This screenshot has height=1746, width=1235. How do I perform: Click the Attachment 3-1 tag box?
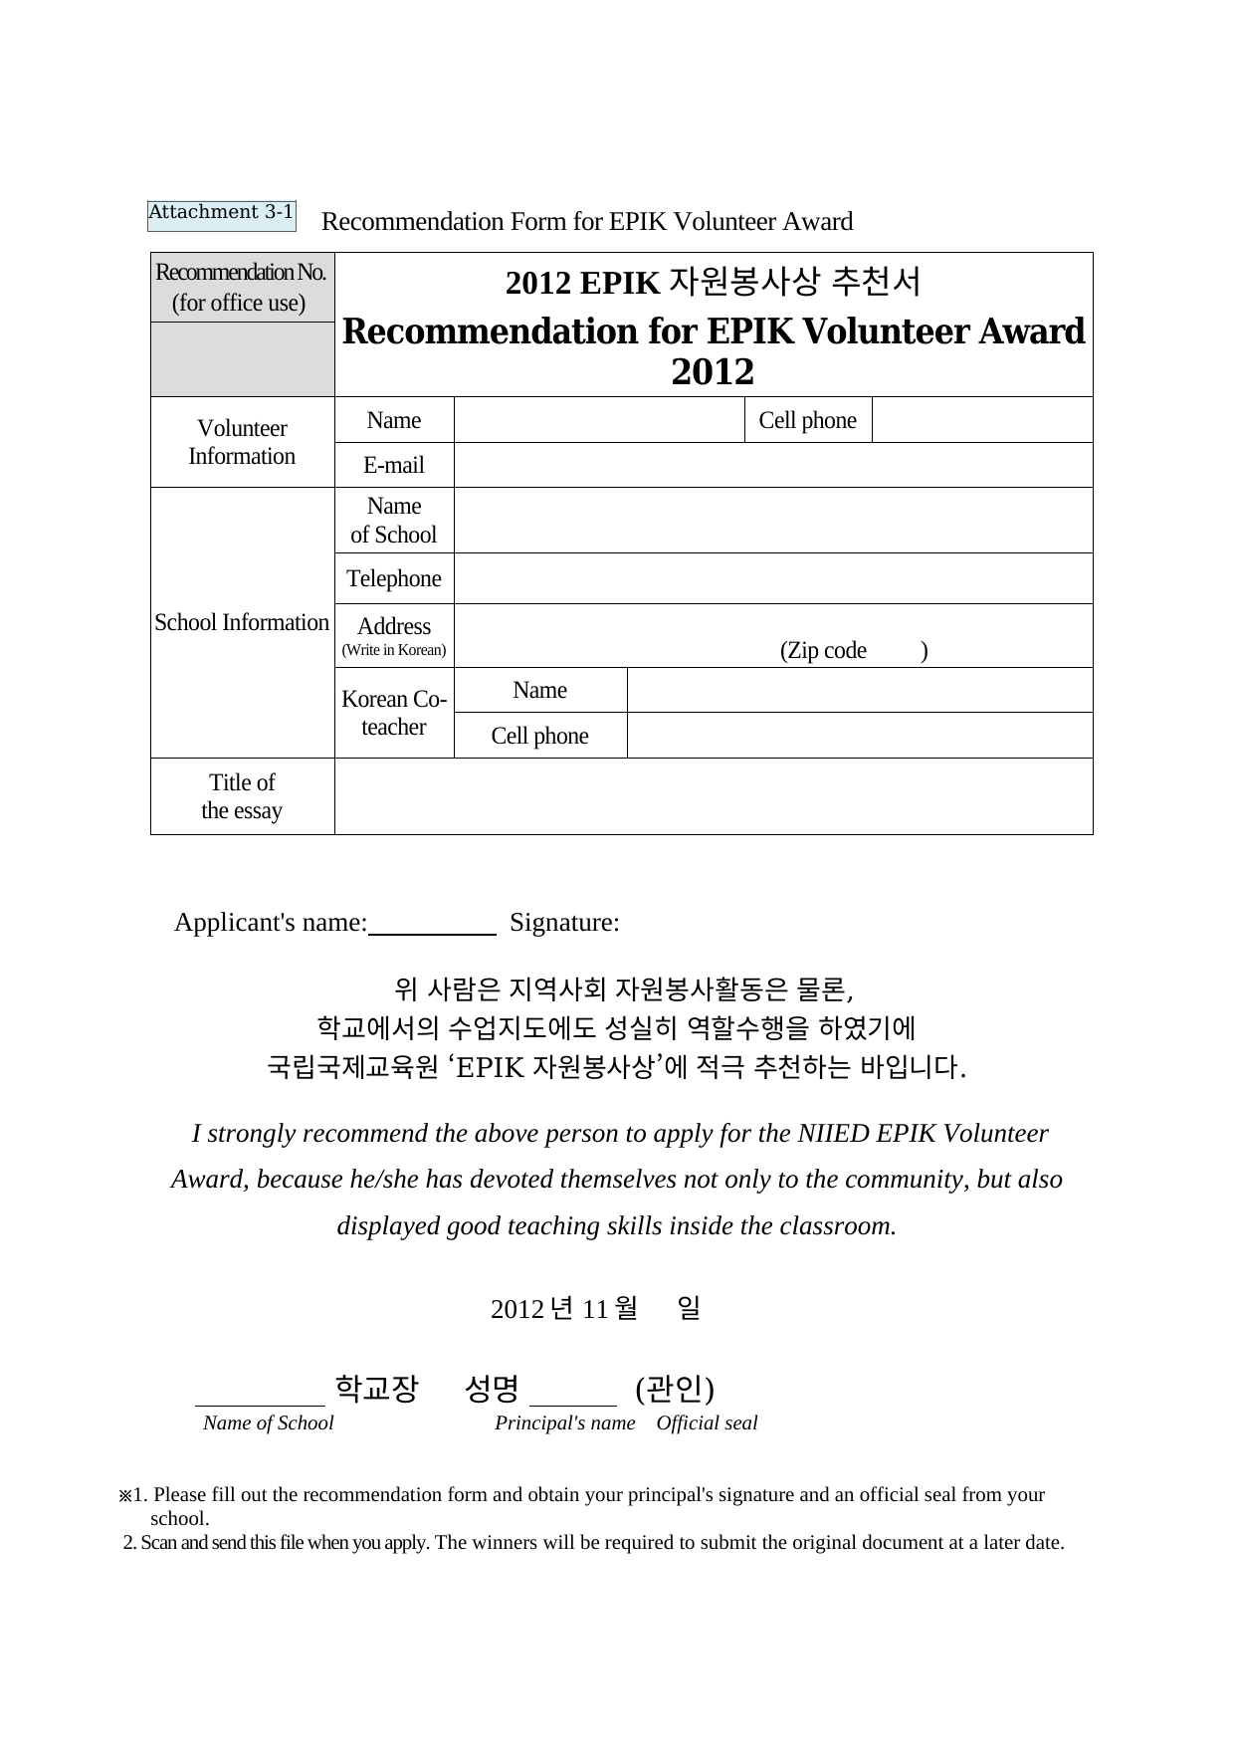click(221, 214)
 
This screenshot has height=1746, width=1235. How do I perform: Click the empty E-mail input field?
click(772, 465)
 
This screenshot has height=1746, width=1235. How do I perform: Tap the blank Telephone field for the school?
click(772, 578)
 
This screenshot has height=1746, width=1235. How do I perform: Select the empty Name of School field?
click(772, 521)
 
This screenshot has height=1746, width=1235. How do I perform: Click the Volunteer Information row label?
click(242, 442)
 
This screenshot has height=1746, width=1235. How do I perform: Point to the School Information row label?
click(242, 623)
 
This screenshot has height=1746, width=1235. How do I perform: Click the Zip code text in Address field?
click(824, 651)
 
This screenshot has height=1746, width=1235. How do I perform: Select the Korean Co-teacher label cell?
click(394, 713)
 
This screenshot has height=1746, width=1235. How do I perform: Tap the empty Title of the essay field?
click(713, 796)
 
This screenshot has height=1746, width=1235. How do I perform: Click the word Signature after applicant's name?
click(564, 923)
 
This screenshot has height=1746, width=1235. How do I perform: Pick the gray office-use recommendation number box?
click(242, 359)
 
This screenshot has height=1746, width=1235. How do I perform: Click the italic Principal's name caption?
click(564, 1423)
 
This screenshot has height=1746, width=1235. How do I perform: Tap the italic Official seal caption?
click(707, 1423)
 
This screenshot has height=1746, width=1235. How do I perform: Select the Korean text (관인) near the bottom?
click(675, 1389)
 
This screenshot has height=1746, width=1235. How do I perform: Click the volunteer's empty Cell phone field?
click(981, 420)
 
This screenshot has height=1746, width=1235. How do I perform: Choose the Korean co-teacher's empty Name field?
click(860, 690)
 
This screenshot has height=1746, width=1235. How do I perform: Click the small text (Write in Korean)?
click(394, 650)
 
